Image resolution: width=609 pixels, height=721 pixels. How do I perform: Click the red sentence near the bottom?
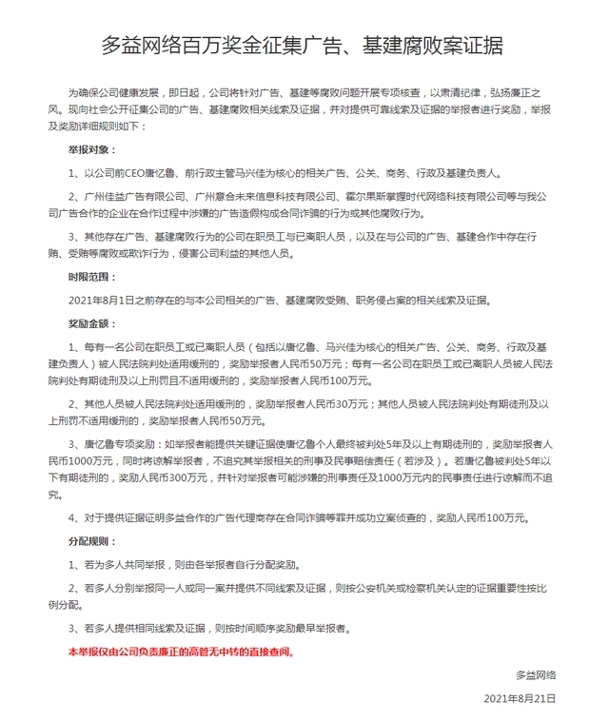click(181, 653)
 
